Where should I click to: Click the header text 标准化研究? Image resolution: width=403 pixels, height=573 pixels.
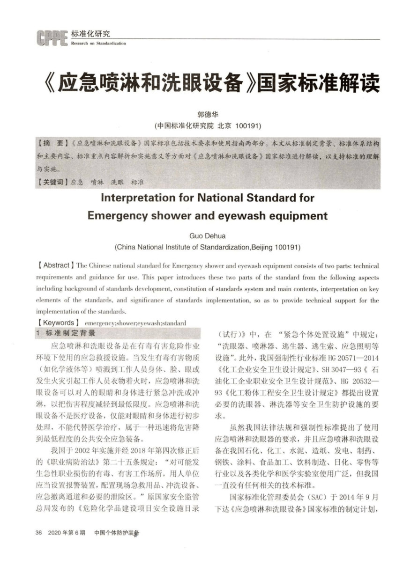coord(90,34)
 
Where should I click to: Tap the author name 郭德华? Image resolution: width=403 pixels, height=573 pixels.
coord(207,114)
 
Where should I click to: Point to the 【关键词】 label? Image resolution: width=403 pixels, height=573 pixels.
coord(53,181)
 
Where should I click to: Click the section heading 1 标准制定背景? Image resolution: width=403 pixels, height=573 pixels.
coord(66,333)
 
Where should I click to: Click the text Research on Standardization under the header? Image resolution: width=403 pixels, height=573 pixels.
coord(98,43)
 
